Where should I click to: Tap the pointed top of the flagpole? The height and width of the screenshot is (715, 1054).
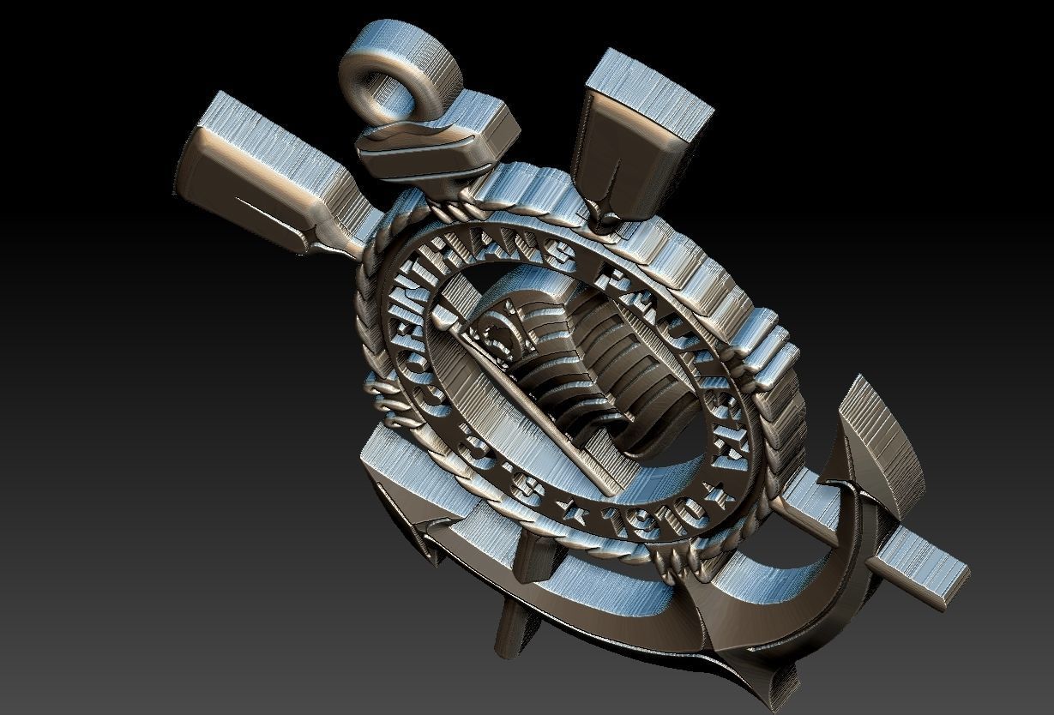point(442,322)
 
